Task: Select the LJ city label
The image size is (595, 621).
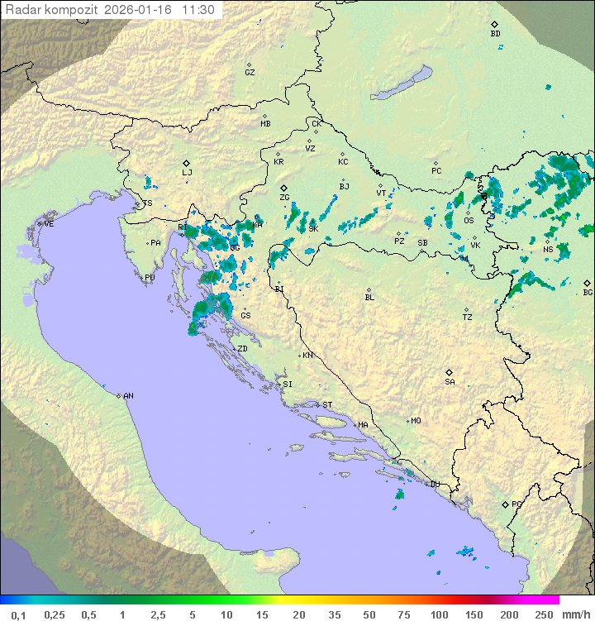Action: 187,172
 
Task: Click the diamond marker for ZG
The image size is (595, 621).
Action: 283,188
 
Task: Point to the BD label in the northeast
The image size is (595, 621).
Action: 495,34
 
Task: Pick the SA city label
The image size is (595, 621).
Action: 450,382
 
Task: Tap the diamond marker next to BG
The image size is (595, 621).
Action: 588,283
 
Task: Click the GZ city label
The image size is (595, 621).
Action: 250,73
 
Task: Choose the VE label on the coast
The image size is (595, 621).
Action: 49,224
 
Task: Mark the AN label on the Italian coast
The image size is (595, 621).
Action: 128,396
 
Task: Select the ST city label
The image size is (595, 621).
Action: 327,405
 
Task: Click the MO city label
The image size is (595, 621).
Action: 416,421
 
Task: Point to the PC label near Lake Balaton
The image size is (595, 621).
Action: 436,171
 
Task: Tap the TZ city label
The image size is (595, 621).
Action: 467,318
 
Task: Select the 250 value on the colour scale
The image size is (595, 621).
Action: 544,614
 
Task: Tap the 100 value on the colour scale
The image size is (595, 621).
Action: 439,614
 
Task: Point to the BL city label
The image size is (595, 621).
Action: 369,298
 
